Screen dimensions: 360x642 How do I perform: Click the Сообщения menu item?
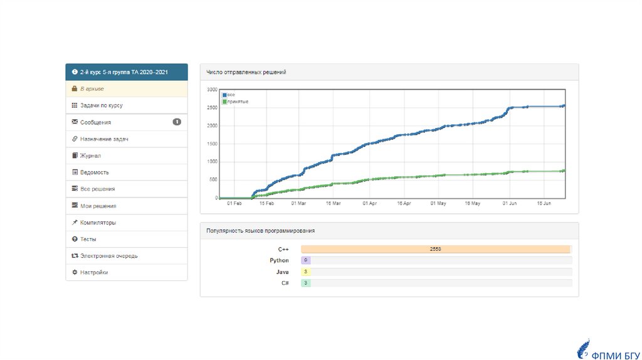95,122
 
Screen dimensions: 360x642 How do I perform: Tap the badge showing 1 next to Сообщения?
177,122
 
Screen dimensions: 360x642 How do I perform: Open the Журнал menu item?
90,156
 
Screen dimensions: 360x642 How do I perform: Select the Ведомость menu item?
94,172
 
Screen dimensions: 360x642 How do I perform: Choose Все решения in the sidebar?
97,189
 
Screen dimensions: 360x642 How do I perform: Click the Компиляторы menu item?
98,223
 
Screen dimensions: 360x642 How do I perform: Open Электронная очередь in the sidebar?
108,256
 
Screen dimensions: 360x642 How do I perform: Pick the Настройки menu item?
93,273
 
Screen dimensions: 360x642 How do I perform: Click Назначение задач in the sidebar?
104,139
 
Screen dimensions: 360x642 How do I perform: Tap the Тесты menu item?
88,240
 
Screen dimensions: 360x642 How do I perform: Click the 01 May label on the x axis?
438,204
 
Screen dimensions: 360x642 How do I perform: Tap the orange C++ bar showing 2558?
435,249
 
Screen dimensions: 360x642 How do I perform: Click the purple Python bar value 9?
306,260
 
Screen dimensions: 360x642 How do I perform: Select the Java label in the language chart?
283,272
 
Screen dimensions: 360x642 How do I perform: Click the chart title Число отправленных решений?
246,73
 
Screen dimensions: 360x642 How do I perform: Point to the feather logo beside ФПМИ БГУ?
583,349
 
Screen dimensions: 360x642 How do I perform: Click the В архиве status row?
92,89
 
